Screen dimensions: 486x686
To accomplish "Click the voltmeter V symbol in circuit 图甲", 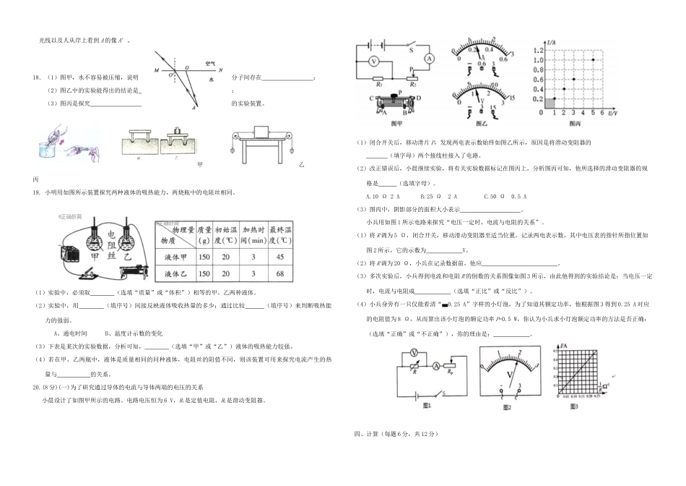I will pos(374,61).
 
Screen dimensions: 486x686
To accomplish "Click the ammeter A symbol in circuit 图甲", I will pos(429,57).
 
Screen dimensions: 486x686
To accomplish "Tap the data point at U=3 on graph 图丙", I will pos(573,80).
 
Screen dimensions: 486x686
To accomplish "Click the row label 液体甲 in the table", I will pos(173,256).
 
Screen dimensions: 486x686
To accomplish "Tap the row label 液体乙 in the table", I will pos(173,273).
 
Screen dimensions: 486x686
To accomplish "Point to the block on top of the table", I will pos(259,132).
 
